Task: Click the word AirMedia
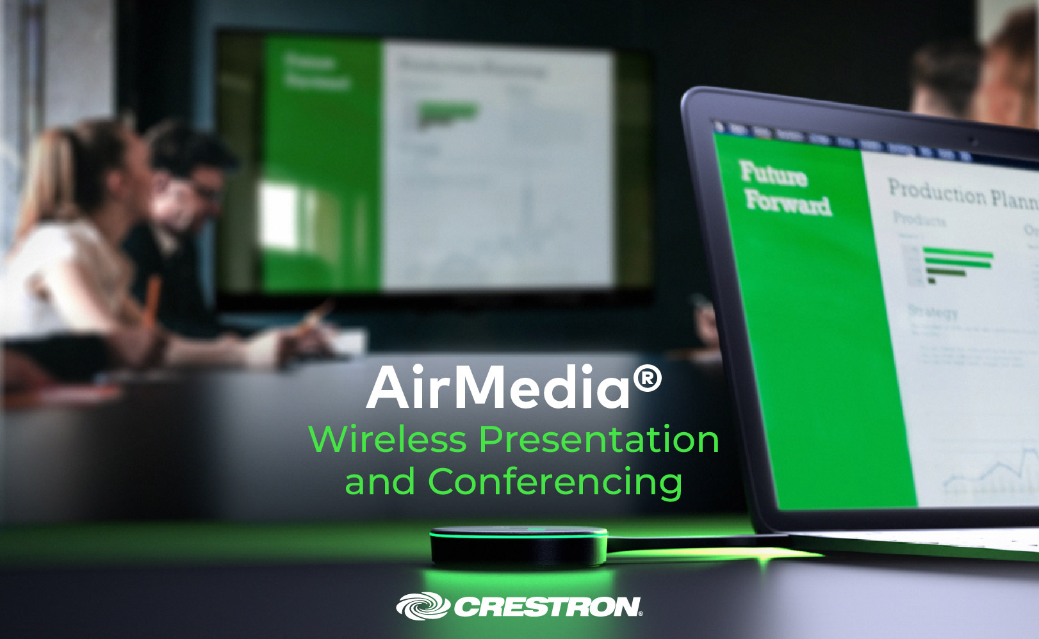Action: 499,387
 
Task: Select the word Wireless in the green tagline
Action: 388,440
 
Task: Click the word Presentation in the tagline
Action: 600,441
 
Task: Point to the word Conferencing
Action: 555,483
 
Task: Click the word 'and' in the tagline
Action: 380,483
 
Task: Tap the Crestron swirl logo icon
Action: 422,606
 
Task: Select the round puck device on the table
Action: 518,546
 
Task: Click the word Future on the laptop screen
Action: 773,174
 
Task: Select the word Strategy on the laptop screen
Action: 933,312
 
